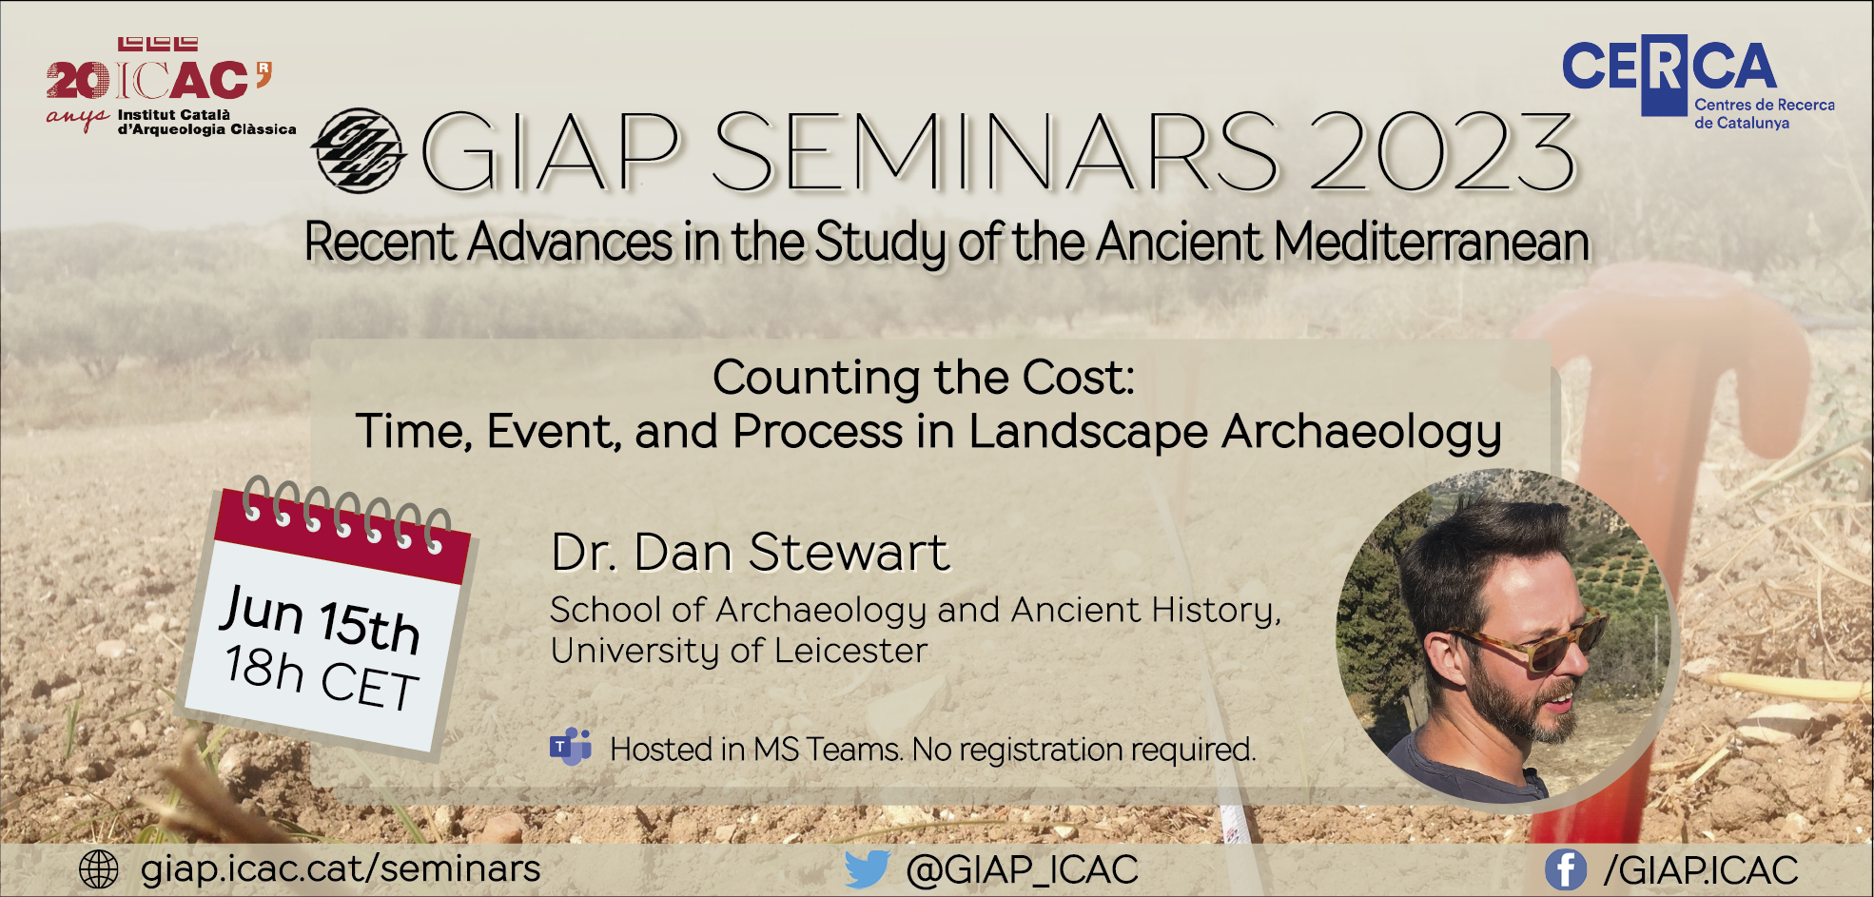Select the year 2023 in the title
click(x=1442, y=152)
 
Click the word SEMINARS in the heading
click(x=995, y=152)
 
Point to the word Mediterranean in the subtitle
click(x=1432, y=242)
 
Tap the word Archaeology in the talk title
click(x=1361, y=433)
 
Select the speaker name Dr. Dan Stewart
click(x=751, y=552)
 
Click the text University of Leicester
click(x=739, y=652)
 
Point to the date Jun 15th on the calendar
click(x=321, y=619)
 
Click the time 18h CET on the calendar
click(x=322, y=676)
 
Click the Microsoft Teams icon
click(x=571, y=747)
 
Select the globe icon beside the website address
click(x=99, y=869)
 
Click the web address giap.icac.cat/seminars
click(x=341, y=869)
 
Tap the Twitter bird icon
click(x=867, y=869)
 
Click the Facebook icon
click(x=1566, y=869)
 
